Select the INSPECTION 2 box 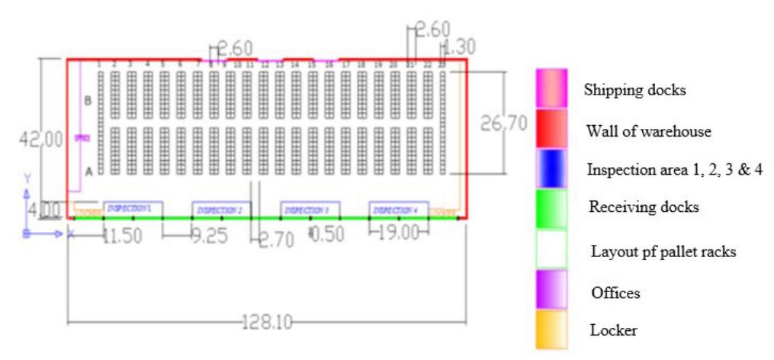(x=220, y=209)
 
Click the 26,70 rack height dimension (x=503, y=124)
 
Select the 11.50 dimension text (x=122, y=236)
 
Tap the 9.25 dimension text (x=208, y=236)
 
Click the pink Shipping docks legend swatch (x=551, y=88)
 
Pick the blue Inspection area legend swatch (x=551, y=169)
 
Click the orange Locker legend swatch (x=551, y=329)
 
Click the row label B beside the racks (x=88, y=101)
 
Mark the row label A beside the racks (x=88, y=172)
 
